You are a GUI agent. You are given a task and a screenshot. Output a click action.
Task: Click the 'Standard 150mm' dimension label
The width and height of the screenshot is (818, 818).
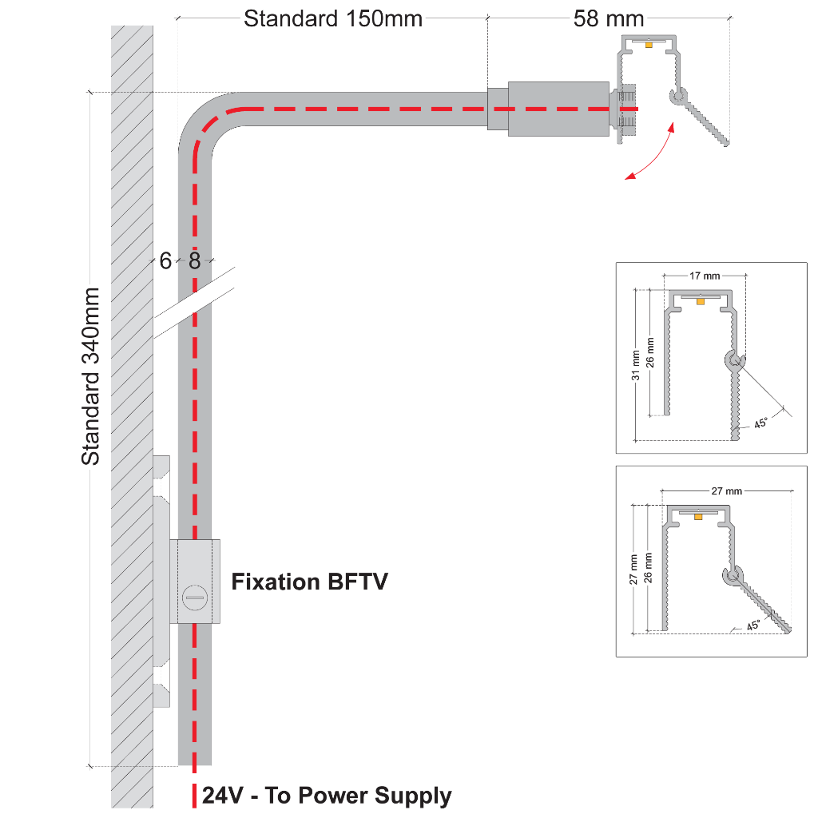point(332,18)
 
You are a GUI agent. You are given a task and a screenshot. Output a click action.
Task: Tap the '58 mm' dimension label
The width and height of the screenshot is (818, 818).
point(609,18)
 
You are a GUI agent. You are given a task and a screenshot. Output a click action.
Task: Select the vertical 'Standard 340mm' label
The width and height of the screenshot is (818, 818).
point(91,376)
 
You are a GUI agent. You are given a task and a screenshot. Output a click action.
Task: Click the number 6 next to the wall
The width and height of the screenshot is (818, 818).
point(165,260)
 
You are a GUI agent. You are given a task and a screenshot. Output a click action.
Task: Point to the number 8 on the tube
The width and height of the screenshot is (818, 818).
point(194,260)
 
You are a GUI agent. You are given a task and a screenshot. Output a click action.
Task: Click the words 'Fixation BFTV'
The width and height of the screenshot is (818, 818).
point(310,582)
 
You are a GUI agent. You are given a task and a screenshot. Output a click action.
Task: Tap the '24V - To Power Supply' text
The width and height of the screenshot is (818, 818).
point(327,796)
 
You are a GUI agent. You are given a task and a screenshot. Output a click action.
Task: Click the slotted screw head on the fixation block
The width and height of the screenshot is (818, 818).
point(195,595)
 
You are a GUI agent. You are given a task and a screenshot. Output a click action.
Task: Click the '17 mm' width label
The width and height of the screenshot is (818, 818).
point(704,276)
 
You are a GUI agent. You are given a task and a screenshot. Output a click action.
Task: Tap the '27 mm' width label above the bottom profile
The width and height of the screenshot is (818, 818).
point(726,491)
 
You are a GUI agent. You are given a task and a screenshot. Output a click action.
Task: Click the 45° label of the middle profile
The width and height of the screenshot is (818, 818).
point(760,423)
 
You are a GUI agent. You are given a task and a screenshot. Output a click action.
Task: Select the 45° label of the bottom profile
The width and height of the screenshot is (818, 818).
point(753,625)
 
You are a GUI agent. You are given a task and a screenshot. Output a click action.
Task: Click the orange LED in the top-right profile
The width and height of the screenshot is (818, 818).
point(649,45)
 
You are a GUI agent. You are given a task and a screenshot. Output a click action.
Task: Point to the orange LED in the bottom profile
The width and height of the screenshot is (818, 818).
point(698,517)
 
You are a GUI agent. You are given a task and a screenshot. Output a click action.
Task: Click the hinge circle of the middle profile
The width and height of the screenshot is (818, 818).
point(733,361)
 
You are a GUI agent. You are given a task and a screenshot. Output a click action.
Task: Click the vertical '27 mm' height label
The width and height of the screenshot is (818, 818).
point(634,570)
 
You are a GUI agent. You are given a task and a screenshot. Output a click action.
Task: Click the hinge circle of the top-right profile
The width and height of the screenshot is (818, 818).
point(678,97)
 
